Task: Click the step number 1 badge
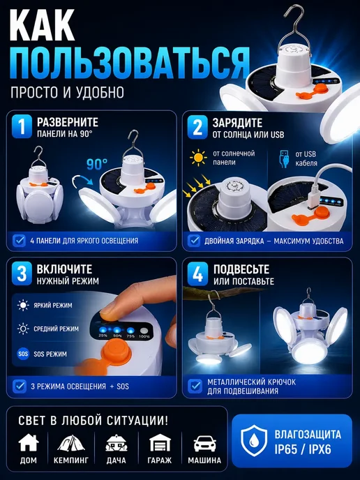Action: tap(22, 126)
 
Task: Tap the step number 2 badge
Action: tap(197, 127)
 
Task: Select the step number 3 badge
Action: tap(22, 273)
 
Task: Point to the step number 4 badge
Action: tap(197, 273)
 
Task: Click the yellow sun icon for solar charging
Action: tap(198, 158)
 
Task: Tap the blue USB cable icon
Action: tap(285, 158)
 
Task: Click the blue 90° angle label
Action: tap(97, 164)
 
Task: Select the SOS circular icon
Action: tap(23, 354)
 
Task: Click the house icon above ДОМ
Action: tap(29, 442)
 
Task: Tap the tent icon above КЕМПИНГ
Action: tap(71, 443)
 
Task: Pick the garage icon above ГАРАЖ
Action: tap(160, 443)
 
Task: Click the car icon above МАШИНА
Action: tap(205, 444)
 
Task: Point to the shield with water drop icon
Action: tap(254, 440)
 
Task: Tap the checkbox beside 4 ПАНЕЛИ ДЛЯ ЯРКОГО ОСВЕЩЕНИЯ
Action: tap(20, 241)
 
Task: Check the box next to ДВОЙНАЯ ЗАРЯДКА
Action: tap(194, 241)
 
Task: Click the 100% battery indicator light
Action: tap(144, 331)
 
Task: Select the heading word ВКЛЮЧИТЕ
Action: tap(64, 269)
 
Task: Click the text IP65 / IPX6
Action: tap(303, 449)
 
